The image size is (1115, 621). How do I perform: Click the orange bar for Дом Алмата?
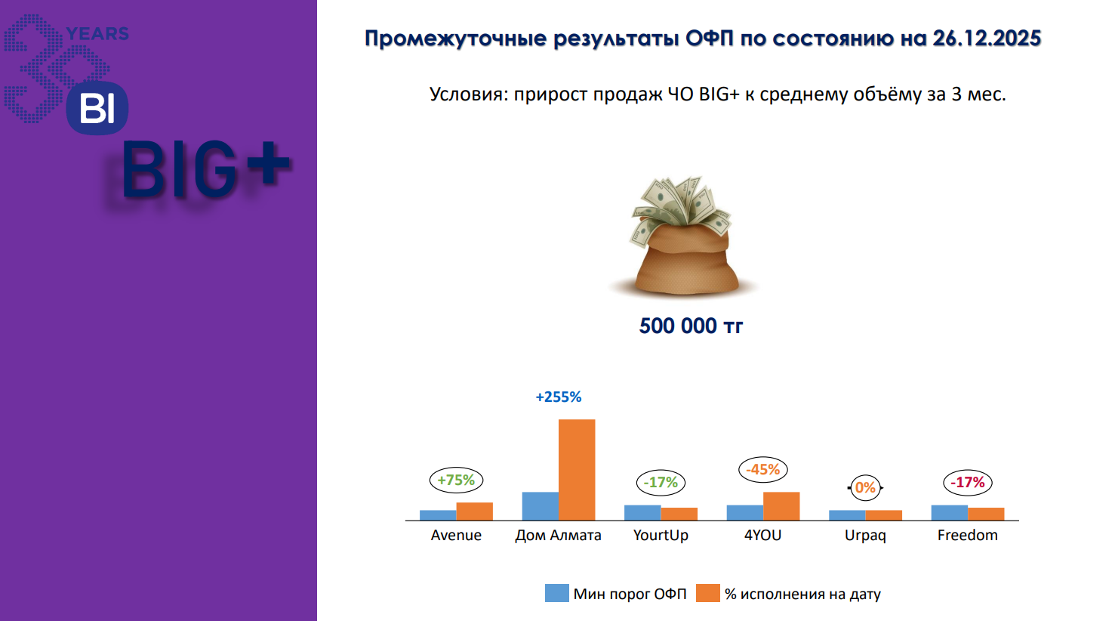[x=577, y=470]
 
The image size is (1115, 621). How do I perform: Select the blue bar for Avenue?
[x=438, y=515]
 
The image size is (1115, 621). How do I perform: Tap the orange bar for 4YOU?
[x=781, y=506]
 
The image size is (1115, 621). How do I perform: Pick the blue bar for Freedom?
[x=949, y=513]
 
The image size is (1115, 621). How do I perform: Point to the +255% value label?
[x=559, y=397]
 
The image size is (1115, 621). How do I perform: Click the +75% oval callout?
[x=456, y=480]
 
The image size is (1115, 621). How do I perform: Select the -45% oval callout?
[x=763, y=470]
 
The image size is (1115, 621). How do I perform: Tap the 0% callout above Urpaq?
[x=865, y=487]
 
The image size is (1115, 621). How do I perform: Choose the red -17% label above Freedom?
[x=968, y=483]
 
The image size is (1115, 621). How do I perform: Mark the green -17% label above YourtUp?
[x=661, y=483]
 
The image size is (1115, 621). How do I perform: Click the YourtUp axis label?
[x=661, y=536]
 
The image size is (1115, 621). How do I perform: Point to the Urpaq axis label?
[x=865, y=536]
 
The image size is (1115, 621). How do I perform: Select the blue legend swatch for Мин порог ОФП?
[x=557, y=593]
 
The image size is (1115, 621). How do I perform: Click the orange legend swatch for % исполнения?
[x=708, y=593]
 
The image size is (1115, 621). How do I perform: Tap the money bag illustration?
[x=683, y=236]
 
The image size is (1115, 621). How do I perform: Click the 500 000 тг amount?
[x=691, y=326]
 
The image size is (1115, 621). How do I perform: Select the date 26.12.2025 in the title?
[x=987, y=39]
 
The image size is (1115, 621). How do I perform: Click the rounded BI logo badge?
[x=97, y=108]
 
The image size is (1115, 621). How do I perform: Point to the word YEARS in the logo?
[x=97, y=34]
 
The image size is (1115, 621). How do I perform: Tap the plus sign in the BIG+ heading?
[x=266, y=163]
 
